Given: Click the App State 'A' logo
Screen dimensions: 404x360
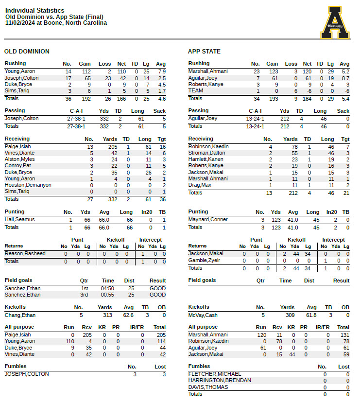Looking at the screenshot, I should point(335,22).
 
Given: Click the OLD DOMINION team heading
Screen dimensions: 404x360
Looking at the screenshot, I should point(27,52).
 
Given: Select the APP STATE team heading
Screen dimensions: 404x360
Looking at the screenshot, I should point(204,52).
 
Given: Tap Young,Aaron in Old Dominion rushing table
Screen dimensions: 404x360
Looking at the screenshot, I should point(20,71).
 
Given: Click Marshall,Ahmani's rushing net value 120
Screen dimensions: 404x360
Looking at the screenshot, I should point(307,71).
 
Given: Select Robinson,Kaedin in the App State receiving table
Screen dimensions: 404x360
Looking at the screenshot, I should point(208,146).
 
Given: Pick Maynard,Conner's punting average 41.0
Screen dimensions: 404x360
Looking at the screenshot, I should point(292,220).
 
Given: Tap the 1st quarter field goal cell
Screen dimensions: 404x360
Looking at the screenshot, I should point(84,288).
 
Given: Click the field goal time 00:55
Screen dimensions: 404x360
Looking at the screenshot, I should point(108,295).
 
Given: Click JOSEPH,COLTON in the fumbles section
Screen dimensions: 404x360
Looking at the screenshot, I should point(27,374).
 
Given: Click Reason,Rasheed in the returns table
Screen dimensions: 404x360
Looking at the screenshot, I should point(25,254).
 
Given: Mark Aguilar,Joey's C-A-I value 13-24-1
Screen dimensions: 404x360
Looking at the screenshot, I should point(256,119).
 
